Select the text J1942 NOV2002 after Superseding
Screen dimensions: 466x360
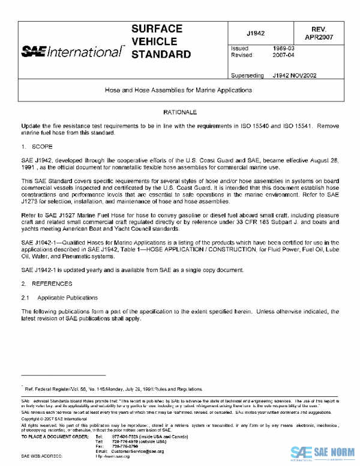(x=295, y=76)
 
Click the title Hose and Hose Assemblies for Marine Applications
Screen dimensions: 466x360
(x=180, y=90)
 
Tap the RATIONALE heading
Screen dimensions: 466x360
(x=180, y=112)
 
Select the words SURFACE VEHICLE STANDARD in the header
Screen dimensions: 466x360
(x=157, y=42)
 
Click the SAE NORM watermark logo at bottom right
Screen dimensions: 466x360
(x=324, y=452)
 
